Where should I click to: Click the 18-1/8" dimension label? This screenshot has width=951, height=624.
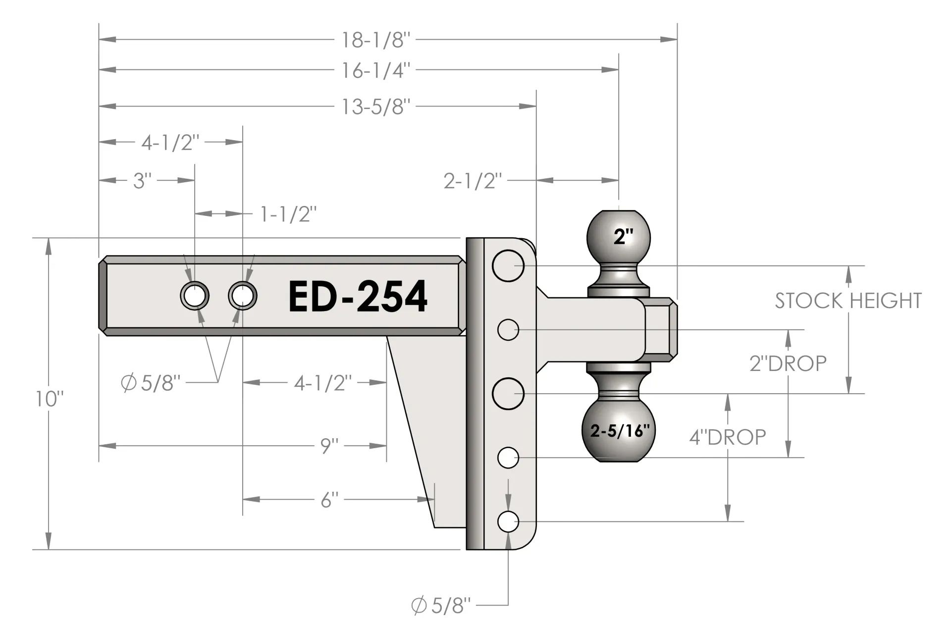(x=376, y=40)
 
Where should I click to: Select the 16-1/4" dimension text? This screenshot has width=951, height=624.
(x=376, y=71)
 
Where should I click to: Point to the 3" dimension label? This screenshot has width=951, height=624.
(x=142, y=181)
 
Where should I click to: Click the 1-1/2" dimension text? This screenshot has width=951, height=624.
(x=288, y=214)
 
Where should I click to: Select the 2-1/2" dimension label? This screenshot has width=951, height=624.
(x=473, y=181)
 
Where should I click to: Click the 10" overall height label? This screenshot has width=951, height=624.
(x=50, y=399)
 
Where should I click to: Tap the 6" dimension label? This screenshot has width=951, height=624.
(x=329, y=500)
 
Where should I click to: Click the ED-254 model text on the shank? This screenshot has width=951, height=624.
(x=358, y=297)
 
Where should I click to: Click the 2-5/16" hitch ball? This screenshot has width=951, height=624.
(x=619, y=430)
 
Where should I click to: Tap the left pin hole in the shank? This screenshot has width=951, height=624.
(x=194, y=296)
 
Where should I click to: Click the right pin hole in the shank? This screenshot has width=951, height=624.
(x=242, y=296)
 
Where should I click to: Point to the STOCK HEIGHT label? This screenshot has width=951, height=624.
(x=848, y=301)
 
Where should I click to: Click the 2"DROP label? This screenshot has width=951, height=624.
(x=788, y=364)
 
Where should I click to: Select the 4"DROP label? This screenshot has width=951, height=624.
(x=728, y=437)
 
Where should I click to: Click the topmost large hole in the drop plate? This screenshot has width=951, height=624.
(x=508, y=266)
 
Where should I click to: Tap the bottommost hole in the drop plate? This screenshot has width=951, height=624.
(x=508, y=521)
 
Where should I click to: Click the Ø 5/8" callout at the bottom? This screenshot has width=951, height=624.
(x=441, y=605)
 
